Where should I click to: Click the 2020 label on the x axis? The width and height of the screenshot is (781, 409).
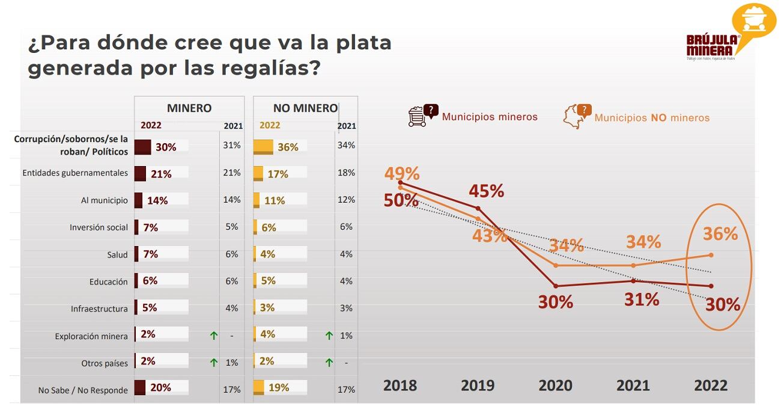pos(555,385)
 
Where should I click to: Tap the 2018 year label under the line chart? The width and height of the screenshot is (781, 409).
pos(400,385)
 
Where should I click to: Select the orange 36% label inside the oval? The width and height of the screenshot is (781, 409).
pos(720,233)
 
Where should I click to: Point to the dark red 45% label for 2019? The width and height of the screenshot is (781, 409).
pos(486,191)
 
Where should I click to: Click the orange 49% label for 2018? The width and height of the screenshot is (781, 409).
pos(402,174)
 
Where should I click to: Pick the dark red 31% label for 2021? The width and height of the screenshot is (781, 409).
pos(642,299)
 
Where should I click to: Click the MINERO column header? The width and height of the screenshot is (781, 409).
pos(189,108)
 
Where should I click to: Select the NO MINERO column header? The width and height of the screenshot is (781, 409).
pos(305,108)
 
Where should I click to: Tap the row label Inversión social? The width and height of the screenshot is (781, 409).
pos(99,227)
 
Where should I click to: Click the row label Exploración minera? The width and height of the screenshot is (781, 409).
pos(91,336)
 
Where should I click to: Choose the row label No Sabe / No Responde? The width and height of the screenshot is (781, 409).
pos(83,390)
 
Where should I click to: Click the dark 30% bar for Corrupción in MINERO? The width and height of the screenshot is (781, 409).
pos(143,147)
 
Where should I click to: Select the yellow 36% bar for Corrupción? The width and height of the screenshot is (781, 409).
pos(263,147)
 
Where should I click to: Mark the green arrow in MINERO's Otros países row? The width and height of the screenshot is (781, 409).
pos(213,363)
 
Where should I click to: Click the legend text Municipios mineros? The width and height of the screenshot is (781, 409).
pos(490,117)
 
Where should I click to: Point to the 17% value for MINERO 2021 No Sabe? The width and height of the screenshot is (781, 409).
pos(232,390)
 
